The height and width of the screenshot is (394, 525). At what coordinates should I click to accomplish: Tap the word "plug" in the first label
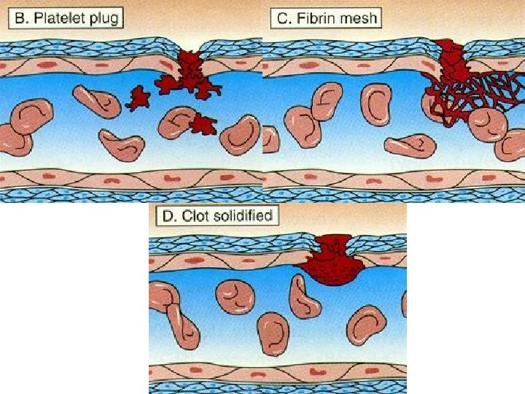click(104, 18)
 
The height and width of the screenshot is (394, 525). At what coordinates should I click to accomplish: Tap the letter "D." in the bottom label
click(174, 215)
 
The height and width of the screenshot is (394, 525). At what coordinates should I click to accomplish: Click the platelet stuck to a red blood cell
click(203, 125)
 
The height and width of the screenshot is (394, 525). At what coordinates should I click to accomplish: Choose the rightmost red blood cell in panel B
click(240, 134)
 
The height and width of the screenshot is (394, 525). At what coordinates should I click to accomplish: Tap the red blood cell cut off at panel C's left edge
click(271, 139)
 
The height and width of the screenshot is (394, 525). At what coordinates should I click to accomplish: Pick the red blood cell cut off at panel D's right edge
click(403, 303)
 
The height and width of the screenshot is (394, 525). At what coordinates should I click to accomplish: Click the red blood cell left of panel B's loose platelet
click(96, 100)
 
